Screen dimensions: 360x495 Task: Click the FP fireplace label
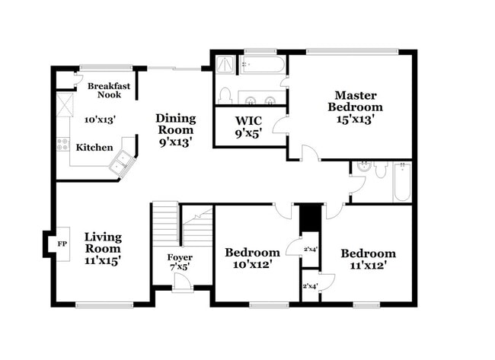pos(62,244)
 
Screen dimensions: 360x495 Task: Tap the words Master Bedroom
pos(356,101)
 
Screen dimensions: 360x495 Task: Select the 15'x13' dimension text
pos(356,120)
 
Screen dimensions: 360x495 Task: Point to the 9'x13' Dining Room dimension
pos(175,141)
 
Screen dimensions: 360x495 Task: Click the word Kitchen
pos(94,147)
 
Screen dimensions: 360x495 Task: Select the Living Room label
pos(103,243)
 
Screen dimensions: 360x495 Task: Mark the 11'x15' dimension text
pos(103,260)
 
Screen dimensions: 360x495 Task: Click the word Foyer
pos(180,257)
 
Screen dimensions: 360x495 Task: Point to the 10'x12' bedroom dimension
pos(252,265)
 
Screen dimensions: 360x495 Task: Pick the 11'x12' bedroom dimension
pos(368,266)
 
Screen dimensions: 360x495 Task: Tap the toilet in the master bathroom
pos(225,95)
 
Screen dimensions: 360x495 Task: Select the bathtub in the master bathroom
pos(260,65)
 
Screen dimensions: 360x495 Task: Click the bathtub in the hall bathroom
pos(401,183)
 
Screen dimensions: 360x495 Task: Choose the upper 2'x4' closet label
pos(311,249)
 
